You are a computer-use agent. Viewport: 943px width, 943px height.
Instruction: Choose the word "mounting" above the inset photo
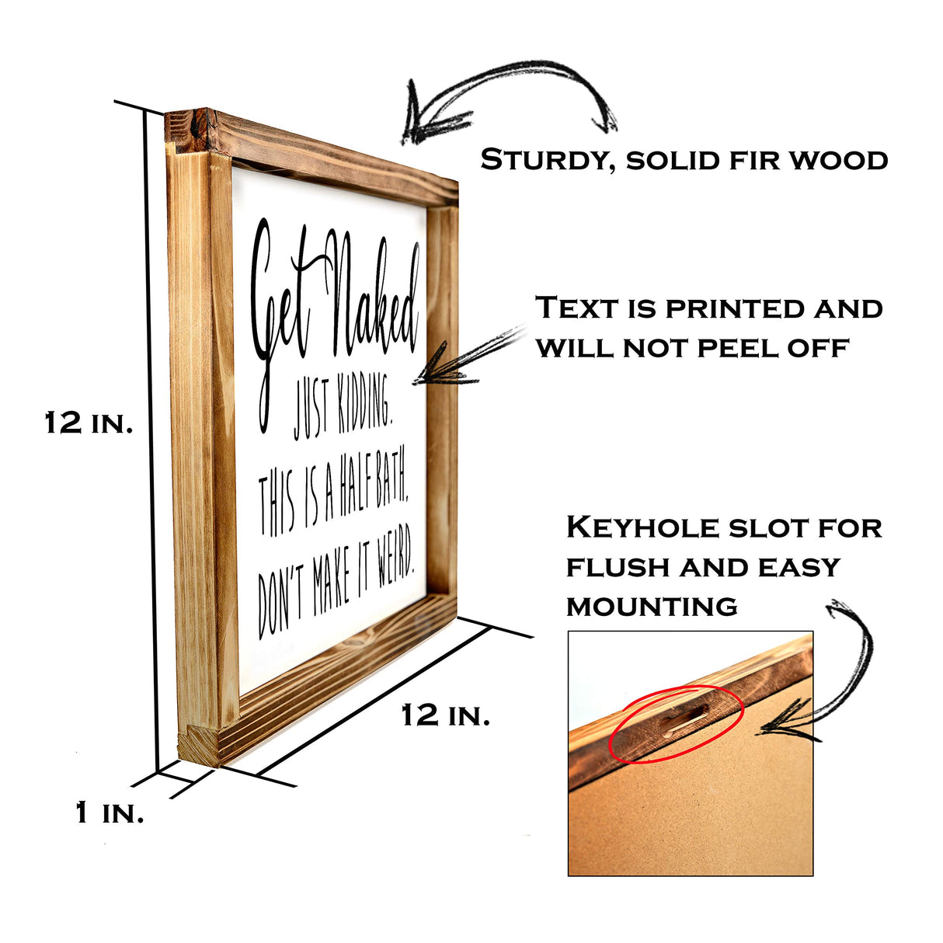point(652,606)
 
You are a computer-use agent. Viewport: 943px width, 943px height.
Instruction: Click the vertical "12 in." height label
point(89,423)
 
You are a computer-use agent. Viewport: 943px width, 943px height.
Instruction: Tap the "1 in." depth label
point(110,813)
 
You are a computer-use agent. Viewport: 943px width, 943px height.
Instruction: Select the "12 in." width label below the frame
point(445,715)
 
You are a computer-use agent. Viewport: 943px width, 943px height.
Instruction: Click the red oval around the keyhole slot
point(676,724)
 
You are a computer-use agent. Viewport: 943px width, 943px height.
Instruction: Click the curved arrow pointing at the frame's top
point(505,97)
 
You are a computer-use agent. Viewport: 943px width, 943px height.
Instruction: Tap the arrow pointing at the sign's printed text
point(466,359)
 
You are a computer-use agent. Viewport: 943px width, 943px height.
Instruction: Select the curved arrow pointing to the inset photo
point(831,676)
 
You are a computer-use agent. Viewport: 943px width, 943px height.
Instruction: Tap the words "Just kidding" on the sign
point(342,412)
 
